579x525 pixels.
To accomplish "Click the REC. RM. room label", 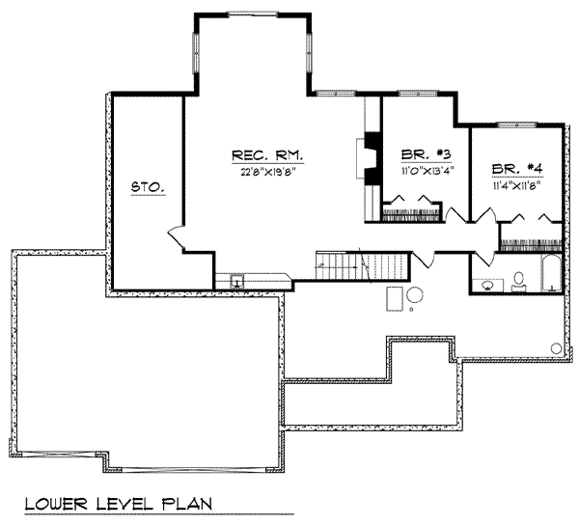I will [x=267, y=154].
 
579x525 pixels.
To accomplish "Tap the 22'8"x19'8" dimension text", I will [x=267, y=175].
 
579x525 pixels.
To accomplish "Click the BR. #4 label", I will [x=516, y=166].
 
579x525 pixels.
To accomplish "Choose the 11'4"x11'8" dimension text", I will [x=516, y=182].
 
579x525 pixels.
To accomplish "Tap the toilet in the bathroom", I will [x=518, y=280].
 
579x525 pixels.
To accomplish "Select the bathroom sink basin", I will [x=487, y=284].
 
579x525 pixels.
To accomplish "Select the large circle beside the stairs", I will [x=415, y=295].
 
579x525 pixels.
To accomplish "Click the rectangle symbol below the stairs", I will [x=394, y=297].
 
